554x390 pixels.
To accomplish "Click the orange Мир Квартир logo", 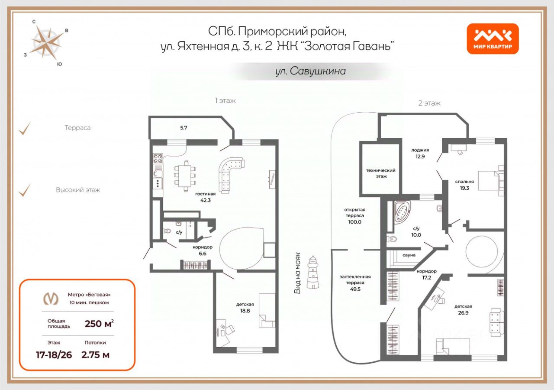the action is coord(493,39).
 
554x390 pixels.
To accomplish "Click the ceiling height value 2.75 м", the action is coord(95,355).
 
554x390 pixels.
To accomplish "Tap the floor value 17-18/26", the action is coord(53,355).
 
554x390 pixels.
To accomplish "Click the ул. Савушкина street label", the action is coord(310,71).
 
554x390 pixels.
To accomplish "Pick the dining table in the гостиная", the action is coord(185,175).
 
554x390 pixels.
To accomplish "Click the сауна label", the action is coord(409,255).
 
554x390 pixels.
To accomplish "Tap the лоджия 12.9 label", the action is coord(420,153).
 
